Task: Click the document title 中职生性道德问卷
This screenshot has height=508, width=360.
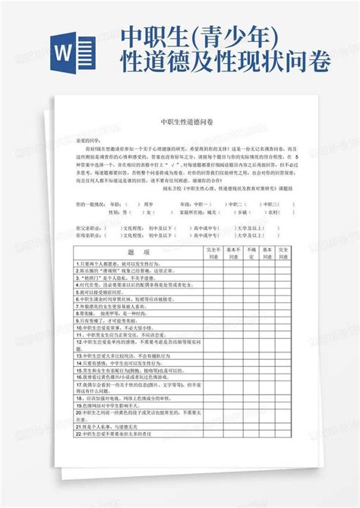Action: [x=181, y=121]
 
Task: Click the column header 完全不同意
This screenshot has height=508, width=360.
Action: [x=213, y=251]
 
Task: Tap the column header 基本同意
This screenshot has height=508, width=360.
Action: [x=267, y=251]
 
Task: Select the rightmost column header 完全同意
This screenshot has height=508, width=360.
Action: [x=284, y=251]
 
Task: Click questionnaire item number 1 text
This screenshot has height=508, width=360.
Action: [x=114, y=263]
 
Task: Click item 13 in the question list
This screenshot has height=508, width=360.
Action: [x=126, y=355]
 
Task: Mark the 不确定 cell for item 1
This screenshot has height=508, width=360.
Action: [x=251, y=263]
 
